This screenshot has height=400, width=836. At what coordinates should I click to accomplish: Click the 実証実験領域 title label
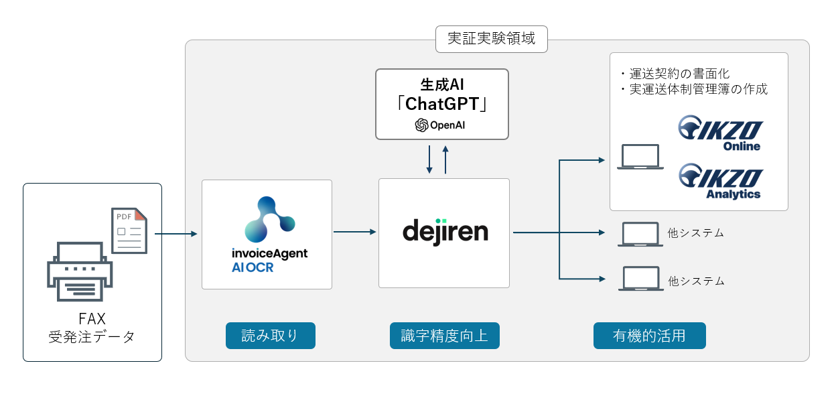491,39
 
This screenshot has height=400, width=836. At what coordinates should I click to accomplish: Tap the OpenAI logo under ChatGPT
441,125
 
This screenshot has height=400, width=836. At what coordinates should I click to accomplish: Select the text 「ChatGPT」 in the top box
441,105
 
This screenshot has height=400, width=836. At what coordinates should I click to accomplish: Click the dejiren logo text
445,231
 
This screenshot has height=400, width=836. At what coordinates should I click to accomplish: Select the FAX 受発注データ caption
92,328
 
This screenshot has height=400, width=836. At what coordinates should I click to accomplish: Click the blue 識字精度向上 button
444,336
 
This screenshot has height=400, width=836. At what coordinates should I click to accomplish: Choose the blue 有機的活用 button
649,336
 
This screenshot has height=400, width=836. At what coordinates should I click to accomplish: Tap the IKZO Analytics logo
721,181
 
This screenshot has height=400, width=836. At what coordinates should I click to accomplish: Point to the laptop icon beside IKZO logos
640,156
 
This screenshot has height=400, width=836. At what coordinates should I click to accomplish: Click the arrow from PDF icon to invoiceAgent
176,234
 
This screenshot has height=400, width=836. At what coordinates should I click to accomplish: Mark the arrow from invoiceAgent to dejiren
355,232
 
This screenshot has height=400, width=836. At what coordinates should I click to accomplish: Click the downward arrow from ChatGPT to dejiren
429,159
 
